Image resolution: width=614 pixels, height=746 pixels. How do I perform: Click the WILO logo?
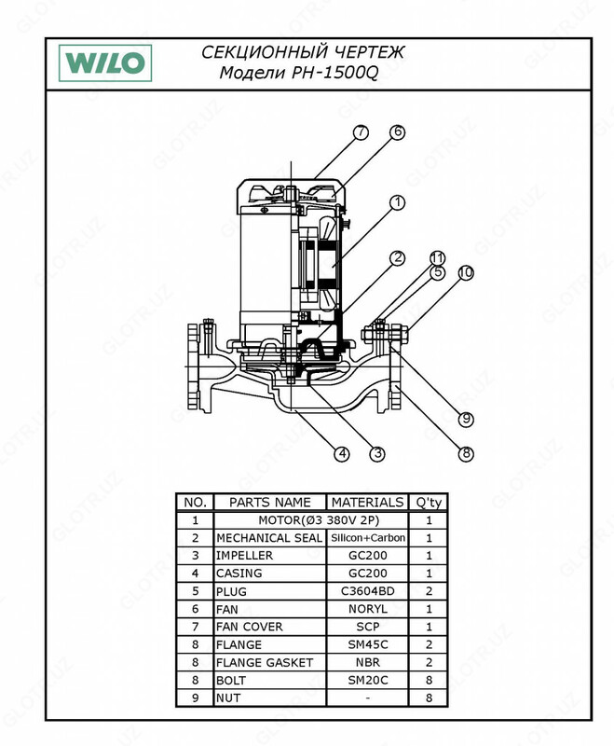(x=104, y=63)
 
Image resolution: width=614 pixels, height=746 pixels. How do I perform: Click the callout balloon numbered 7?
(x=361, y=132)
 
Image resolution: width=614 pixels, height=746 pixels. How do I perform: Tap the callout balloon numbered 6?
(x=397, y=132)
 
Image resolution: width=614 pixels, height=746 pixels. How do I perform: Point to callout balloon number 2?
(x=397, y=258)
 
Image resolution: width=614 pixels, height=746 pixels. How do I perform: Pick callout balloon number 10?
(x=465, y=273)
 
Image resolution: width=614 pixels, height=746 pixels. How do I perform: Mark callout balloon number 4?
(x=342, y=454)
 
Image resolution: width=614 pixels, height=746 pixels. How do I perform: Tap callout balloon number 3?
(x=376, y=454)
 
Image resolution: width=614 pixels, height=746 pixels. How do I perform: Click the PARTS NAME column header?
(x=270, y=502)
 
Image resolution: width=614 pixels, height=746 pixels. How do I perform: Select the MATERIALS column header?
(x=367, y=502)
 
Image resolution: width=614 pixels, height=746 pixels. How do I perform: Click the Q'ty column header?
(x=429, y=502)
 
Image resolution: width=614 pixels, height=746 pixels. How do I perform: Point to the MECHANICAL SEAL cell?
(x=269, y=538)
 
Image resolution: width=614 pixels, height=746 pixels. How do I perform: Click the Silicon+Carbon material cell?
(x=367, y=538)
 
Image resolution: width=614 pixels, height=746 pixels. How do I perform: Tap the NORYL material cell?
(x=367, y=609)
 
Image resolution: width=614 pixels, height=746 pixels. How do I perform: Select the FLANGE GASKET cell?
(x=265, y=662)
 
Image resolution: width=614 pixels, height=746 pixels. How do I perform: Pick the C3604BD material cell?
(x=367, y=591)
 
